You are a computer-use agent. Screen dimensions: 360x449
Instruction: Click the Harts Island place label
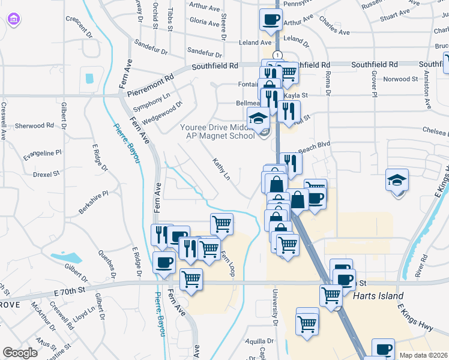pos(378,296)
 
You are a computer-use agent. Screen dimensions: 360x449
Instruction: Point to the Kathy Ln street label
pos(221,169)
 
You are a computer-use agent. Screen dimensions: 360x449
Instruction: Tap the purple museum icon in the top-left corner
pos(13,20)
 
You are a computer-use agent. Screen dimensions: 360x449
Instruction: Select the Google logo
pos(20,353)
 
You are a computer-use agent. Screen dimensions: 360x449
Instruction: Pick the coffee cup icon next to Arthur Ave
pos(270,20)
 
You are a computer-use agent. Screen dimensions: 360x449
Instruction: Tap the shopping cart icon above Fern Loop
pos(221,224)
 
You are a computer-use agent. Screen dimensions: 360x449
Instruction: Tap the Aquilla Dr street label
pos(260,341)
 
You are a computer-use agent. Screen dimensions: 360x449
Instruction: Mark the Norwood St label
pos(400,79)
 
